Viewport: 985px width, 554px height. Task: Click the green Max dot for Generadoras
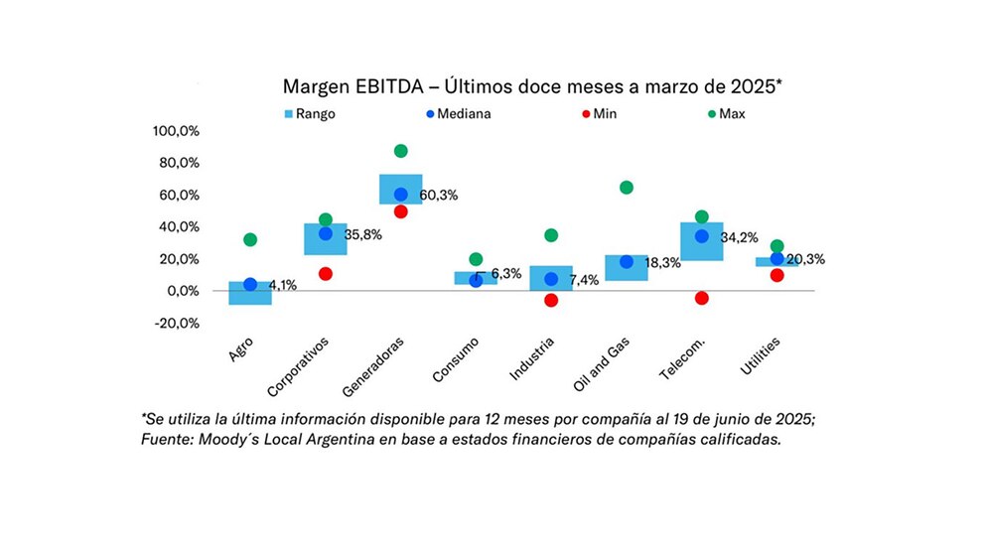pyautogui.click(x=400, y=151)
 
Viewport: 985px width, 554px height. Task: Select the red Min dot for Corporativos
pyautogui.click(x=325, y=273)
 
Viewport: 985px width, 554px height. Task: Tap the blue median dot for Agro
pyautogui.click(x=250, y=285)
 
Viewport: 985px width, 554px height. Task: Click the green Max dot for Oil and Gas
pyautogui.click(x=627, y=188)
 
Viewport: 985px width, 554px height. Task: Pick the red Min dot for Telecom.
pyautogui.click(x=702, y=298)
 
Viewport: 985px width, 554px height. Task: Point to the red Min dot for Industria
pyautogui.click(x=551, y=300)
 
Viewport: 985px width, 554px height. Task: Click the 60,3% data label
pyautogui.click(x=439, y=196)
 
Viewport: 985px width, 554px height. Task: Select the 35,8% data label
pyautogui.click(x=363, y=235)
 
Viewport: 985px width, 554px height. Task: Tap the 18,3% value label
pyautogui.click(x=664, y=263)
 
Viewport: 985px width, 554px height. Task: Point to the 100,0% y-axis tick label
pyautogui.click(x=176, y=131)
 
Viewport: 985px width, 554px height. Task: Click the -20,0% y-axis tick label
pyautogui.click(x=177, y=323)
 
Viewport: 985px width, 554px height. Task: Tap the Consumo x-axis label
pyautogui.click(x=455, y=358)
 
